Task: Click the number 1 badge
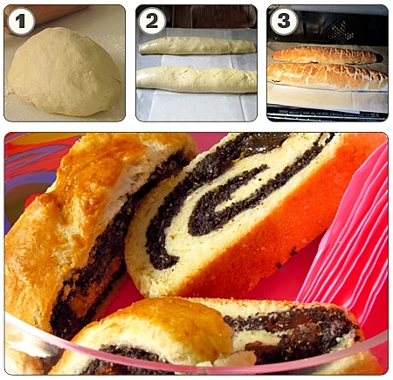[x=20, y=21]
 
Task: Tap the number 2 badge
[x=152, y=21]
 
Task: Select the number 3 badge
[x=283, y=21]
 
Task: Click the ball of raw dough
[x=65, y=72]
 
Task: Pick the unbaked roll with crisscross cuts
[x=196, y=79]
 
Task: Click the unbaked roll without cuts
[x=197, y=45]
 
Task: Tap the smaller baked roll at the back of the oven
[x=325, y=55]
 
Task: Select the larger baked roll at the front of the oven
[x=327, y=76]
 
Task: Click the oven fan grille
[x=339, y=30]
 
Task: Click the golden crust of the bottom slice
[x=163, y=325]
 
